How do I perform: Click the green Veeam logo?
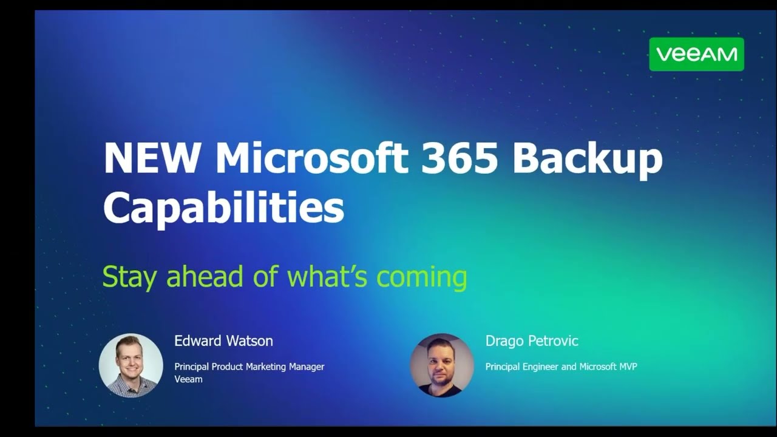tap(696, 54)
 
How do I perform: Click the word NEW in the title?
tap(151, 158)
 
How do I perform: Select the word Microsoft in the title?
tap(312, 158)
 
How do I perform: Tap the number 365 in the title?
tap(460, 158)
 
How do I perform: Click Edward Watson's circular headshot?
tap(131, 365)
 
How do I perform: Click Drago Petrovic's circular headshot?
tap(441, 365)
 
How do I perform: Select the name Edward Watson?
tap(223, 341)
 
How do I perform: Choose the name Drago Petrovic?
tap(532, 341)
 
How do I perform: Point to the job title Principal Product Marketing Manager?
tap(249, 367)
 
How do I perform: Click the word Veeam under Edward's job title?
tap(188, 379)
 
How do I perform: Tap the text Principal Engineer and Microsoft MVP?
tap(561, 367)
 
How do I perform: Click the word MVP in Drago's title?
tap(626, 367)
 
